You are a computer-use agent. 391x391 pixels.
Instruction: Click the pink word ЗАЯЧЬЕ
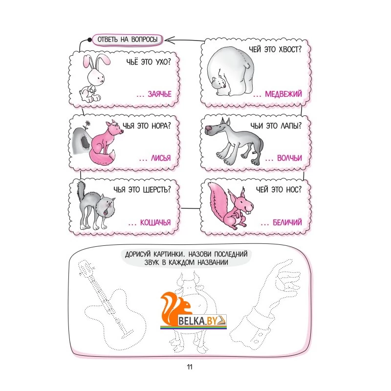coord(160,94)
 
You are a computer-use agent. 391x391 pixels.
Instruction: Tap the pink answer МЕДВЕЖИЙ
coord(283,94)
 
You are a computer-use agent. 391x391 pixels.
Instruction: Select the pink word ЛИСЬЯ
coord(161,158)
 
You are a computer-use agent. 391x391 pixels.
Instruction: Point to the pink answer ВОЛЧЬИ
coord(289,158)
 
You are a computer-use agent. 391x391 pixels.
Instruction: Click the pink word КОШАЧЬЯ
coord(155,222)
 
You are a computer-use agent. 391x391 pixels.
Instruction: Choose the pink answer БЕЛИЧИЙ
coord(287,222)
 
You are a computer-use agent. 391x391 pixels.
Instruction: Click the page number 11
coord(190,367)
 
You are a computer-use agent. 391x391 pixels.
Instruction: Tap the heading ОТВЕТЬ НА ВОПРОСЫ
coord(128,40)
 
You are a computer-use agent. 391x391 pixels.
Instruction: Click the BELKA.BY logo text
coord(198,321)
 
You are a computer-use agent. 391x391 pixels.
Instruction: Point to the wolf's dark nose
coord(208,129)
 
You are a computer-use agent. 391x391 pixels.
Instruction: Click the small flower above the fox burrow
coord(87,123)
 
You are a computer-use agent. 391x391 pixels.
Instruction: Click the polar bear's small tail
coord(248,65)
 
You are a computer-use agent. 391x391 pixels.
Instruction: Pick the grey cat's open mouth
coord(106,212)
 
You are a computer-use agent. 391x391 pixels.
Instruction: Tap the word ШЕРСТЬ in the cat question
coord(157,190)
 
